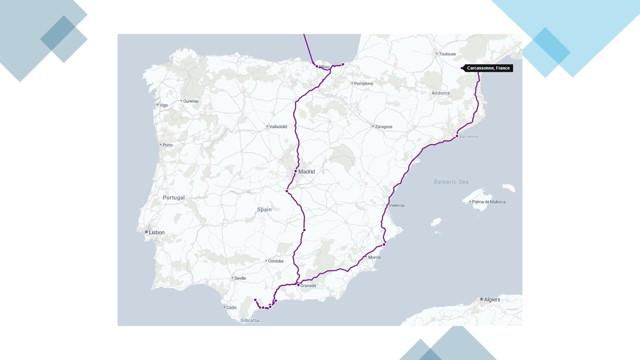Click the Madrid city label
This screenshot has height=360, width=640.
(306, 172)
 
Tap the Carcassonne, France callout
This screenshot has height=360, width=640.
(488, 68)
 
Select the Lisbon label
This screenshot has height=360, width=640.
(156, 232)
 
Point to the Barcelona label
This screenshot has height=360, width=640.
(468, 136)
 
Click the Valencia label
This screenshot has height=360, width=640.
(396, 205)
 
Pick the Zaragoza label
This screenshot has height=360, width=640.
(383, 126)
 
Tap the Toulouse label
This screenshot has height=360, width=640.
(447, 53)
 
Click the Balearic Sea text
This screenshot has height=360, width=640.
(451, 182)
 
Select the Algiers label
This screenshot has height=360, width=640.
(492, 299)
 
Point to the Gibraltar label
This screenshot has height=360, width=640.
(250, 320)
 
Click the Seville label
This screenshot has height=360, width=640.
(240, 278)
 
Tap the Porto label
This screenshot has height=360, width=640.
(167, 145)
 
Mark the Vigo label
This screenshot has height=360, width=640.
(163, 105)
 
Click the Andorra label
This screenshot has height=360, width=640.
(440, 93)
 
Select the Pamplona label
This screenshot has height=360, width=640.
(363, 83)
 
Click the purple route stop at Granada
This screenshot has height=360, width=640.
(298, 285)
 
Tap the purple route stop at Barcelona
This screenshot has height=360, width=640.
(457, 136)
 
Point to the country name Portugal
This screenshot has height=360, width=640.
(173, 197)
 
